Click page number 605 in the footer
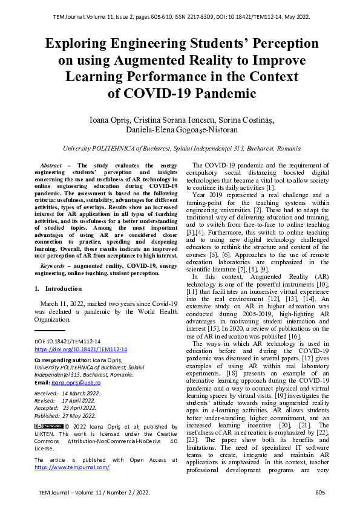[320, 493]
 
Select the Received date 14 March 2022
[81, 393]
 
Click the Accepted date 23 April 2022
[79, 408]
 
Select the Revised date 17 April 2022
[79, 400]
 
